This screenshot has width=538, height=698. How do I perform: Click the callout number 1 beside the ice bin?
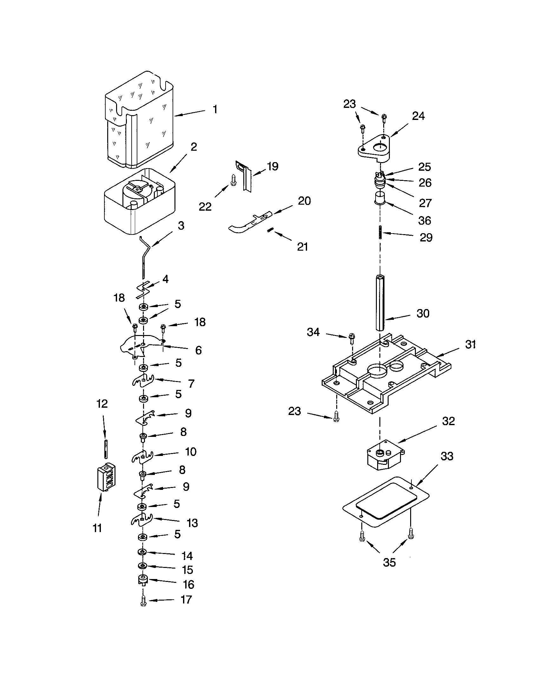point(215,109)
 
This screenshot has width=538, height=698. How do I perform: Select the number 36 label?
point(424,220)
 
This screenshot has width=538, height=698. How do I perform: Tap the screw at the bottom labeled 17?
point(143,601)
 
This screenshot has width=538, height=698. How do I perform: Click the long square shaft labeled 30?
point(380,302)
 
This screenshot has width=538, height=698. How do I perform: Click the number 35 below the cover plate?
point(389,562)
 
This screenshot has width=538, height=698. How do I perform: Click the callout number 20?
point(304,201)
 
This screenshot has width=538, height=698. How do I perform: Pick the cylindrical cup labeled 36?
point(380,198)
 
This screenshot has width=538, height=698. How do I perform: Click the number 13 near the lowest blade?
point(192,523)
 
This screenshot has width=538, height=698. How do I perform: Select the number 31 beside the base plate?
point(470,344)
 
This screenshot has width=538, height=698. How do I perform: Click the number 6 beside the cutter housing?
point(198,350)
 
